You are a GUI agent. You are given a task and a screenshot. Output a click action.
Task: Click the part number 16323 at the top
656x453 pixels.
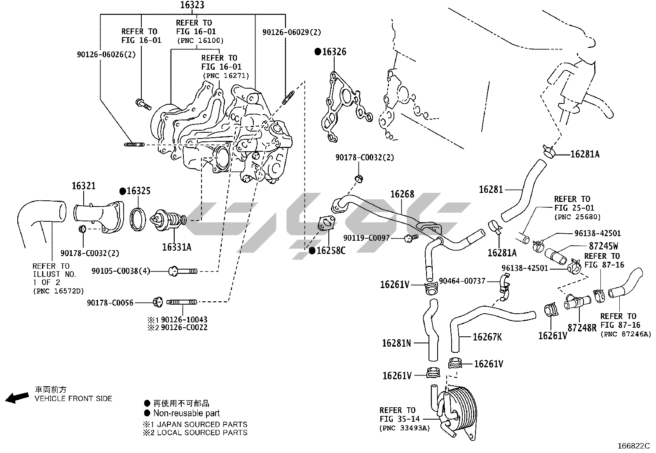(192, 5)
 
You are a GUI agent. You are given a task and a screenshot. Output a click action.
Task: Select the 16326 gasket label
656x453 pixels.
(334, 52)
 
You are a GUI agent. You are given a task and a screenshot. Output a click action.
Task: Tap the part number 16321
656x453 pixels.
(84, 186)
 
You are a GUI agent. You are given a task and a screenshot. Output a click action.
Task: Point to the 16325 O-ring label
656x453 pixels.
(138, 191)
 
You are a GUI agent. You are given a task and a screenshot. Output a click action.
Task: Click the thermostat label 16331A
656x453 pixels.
(177, 247)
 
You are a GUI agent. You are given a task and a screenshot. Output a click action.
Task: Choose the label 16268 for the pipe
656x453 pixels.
(402, 194)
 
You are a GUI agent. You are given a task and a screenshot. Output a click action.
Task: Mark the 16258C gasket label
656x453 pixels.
(330, 250)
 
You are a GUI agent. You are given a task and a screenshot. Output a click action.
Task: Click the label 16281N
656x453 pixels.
(396, 343)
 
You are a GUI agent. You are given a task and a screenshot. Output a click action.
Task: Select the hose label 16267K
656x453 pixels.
(487, 337)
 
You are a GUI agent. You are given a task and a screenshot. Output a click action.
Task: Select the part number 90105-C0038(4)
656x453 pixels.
(121, 271)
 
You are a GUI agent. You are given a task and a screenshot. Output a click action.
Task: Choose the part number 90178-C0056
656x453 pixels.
(110, 303)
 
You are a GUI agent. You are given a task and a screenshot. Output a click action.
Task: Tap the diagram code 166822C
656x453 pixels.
(633, 446)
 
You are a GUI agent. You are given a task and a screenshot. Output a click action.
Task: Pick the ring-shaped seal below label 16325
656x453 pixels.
(138, 218)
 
